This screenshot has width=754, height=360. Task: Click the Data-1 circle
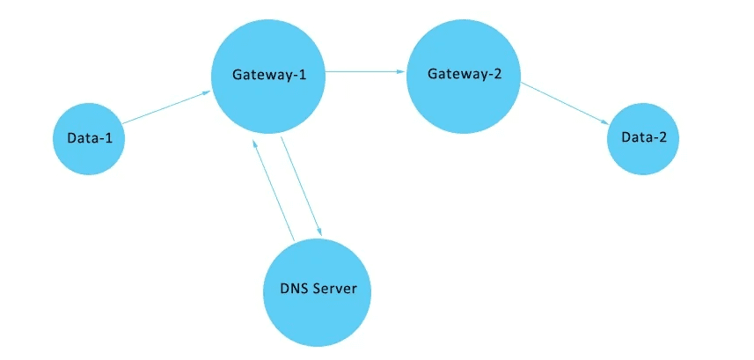click(x=88, y=138)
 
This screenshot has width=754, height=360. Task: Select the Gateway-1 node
click(x=268, y=74)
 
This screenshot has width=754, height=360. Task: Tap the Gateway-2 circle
click(x=464, y=73)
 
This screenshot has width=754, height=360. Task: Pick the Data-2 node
click(x=643, y=138)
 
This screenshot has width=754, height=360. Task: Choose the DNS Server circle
click(x=318, y=290)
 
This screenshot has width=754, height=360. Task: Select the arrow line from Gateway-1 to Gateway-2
click(x=365, y=73)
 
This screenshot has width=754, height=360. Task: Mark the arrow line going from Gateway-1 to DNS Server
click(x=300, y=186)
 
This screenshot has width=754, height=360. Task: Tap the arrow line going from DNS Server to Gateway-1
click(x=274, y=189)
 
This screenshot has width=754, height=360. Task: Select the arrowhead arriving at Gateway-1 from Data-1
click(x=206, y=92)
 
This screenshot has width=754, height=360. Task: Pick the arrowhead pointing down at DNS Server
click(x=318, y=231)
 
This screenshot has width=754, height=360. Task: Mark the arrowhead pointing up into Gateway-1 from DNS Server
click(x=255, y=143)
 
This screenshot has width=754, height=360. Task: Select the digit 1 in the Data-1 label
click(x=110, y=138)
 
